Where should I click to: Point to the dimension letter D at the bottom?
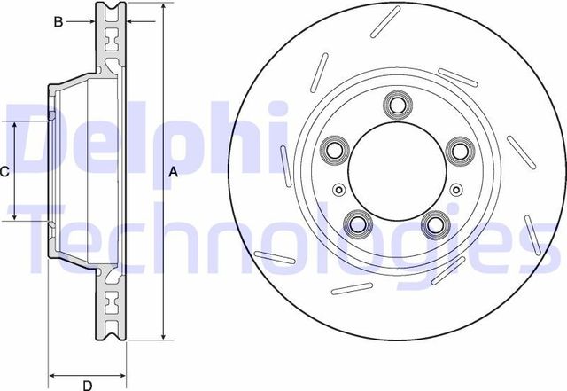point(88,385)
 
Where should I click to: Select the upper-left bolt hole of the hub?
point(335,149)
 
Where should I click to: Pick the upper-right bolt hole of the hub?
point(457,150)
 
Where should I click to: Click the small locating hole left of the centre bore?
point(338,189)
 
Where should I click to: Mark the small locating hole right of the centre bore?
point(455,189)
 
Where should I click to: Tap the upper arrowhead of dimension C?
point(15,126)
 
